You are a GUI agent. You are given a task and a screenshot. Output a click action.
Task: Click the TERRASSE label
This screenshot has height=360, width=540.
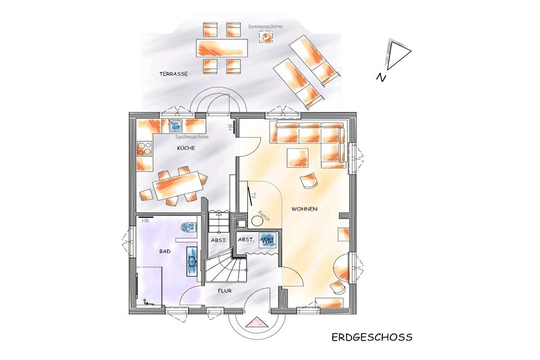pos(173,74)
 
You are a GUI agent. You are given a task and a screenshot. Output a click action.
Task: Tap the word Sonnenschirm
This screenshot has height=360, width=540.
pos(265,26)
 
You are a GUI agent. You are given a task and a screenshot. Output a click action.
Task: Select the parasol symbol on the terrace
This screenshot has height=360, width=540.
pos(266,36)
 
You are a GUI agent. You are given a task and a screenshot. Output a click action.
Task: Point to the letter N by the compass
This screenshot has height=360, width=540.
pos(381,77)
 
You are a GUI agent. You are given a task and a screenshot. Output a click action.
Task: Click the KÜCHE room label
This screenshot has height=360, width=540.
pos(186,148)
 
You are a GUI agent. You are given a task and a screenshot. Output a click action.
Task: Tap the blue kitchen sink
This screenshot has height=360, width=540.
pos(176,125)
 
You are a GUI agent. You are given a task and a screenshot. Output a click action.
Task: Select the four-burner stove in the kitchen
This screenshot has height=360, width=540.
pos(144,149)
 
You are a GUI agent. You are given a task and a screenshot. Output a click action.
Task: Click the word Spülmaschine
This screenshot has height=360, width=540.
pos(192,137)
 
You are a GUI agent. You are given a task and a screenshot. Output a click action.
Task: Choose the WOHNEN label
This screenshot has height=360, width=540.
pos(304,209)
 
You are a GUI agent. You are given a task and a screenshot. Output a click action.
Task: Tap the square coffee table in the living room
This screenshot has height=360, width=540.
pos(297,158)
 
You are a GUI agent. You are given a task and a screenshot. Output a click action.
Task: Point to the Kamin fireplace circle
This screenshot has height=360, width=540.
pos(257,220)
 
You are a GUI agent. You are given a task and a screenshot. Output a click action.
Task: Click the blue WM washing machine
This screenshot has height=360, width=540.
pos(267,240)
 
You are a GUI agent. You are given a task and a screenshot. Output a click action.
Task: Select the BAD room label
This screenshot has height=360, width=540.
pos(165,251)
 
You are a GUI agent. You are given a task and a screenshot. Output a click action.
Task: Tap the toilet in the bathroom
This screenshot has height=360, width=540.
pos(189,227)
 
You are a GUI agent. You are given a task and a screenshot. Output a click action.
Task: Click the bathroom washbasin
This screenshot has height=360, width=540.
pos(192,261)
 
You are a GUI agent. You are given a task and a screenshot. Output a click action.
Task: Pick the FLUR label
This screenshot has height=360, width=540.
pos(225,291)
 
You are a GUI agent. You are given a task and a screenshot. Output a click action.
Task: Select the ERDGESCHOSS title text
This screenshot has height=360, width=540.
pos(372,337)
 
